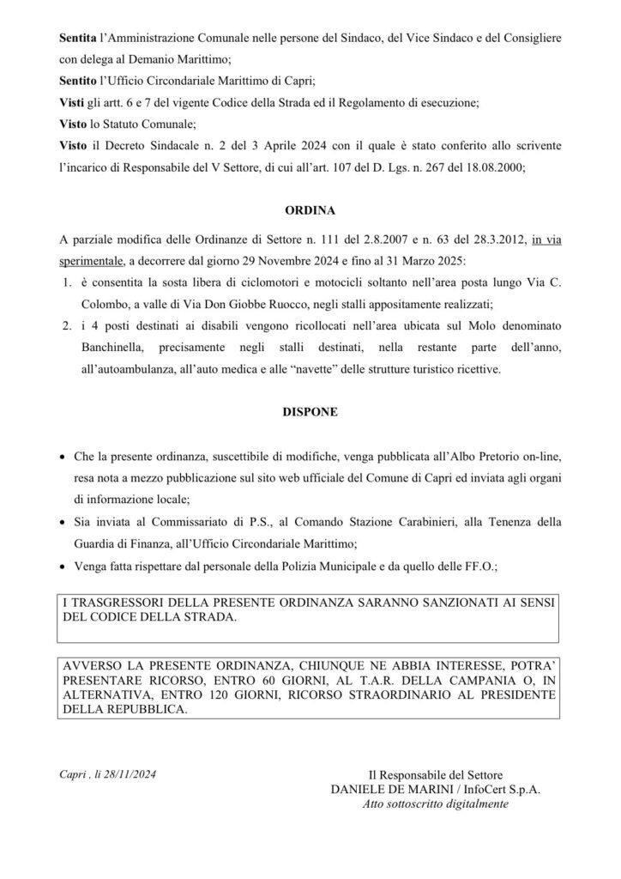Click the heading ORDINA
point(310,209)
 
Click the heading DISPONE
point(310,412)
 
